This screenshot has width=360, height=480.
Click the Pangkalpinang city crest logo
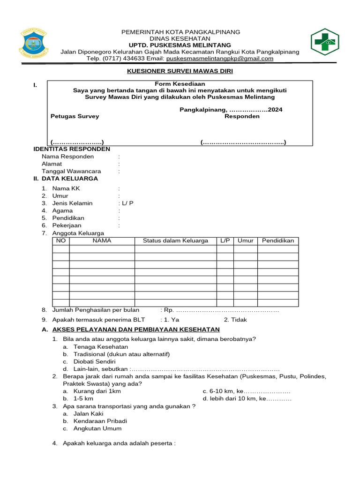(34, 43)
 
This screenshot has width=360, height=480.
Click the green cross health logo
(325, 42)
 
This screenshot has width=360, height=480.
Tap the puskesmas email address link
(219, 59)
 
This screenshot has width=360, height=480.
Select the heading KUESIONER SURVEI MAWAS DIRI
(180, 71)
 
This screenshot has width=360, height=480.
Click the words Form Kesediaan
(180, 84)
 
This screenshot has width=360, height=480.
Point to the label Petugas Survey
(75, 116)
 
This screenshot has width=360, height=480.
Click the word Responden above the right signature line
(241, 116)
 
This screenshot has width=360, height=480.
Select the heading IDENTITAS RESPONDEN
(72, 149)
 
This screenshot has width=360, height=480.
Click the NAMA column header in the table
(102, 241)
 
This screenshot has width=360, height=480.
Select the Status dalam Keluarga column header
(175, 241)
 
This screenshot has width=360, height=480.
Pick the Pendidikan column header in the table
(277, 241)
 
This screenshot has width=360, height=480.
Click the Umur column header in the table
(245, 241)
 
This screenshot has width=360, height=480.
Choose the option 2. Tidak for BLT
(235, 320)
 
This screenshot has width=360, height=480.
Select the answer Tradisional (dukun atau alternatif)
(121, 354)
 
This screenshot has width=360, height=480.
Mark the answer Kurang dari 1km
(97, 391)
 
